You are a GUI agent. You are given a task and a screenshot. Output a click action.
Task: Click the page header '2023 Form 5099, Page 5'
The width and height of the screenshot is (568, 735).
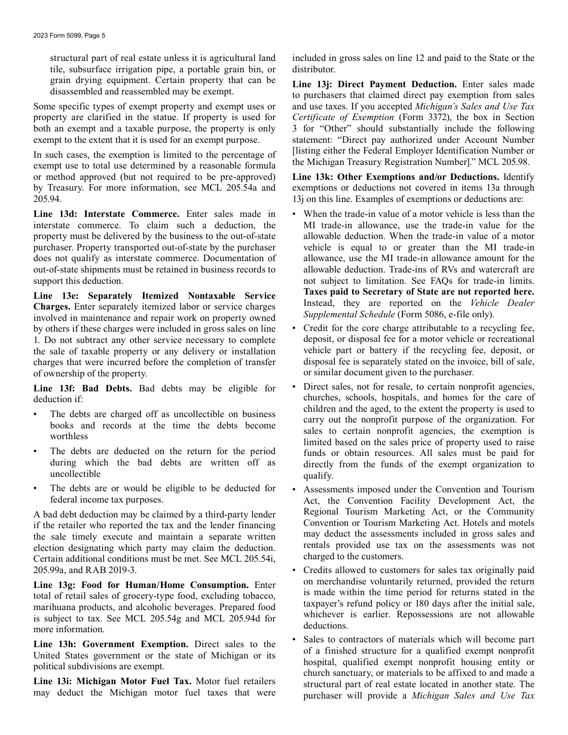coord(69,36)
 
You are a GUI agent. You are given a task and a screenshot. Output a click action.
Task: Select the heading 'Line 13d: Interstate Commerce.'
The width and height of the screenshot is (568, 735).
coord(106,214)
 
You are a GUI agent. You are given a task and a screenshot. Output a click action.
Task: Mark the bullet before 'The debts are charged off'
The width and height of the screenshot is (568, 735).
coord(36,414)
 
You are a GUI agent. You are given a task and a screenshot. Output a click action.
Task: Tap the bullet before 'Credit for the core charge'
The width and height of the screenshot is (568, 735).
coord(295,328)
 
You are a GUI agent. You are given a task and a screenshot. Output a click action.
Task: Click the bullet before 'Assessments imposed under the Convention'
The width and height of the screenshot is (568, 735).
coord(295,489)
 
